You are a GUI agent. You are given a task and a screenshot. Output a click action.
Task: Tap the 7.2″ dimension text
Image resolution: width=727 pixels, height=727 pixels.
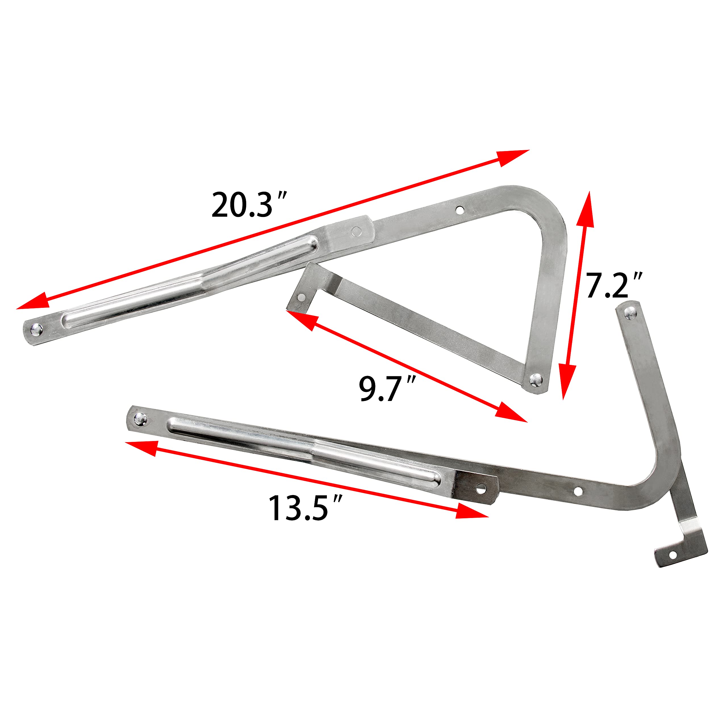[x=614, y=286]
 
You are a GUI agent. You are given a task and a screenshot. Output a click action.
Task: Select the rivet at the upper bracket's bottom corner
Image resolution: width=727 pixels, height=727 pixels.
[x=536, y=380]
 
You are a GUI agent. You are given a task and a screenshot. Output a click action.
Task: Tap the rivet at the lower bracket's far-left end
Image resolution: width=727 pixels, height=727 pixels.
[x=140, y=418]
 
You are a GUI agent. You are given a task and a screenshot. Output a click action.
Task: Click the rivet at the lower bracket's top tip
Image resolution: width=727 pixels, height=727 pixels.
[x=628, y=312]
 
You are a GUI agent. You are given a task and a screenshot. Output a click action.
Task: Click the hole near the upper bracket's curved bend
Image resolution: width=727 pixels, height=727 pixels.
[x=459, y=209]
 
